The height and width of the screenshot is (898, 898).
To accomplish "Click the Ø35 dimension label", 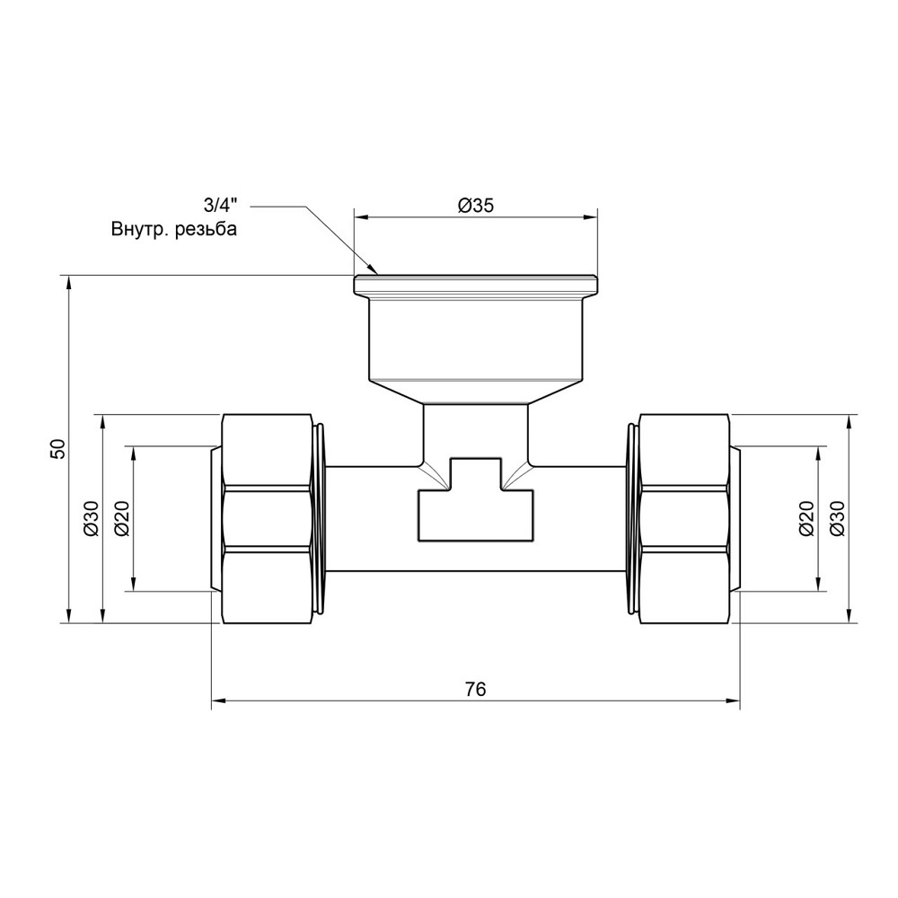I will coord(476,206).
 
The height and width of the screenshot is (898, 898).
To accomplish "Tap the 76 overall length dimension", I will coord(476,690).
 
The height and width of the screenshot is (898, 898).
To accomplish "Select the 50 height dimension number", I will coord(58,449).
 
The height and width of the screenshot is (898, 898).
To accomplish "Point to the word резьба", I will coord(207,230).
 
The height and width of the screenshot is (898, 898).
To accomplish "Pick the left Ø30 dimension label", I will coord(91,518).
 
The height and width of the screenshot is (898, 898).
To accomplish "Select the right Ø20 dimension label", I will coord(806,518).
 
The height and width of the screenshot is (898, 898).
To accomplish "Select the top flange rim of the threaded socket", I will coord(476,285).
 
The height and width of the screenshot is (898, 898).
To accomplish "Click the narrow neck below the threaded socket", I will coord(476,431).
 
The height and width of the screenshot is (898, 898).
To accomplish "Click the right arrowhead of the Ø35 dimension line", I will coord(593,216).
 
